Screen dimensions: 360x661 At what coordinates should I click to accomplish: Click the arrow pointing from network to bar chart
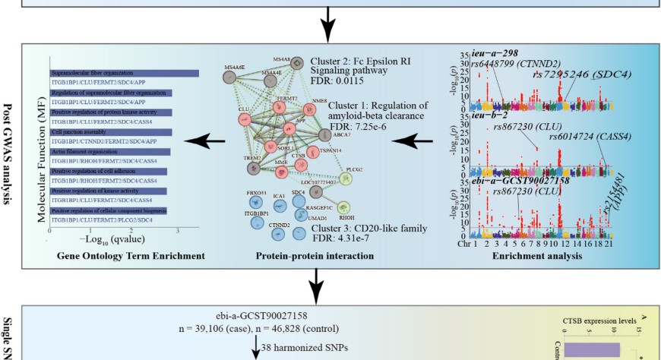tap(205, 141)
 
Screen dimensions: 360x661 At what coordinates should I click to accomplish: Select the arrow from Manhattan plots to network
tap(417, 141)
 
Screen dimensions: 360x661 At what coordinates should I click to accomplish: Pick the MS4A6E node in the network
tap(234, 78)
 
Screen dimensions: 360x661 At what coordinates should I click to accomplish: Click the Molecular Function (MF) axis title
tap(43, 144)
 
